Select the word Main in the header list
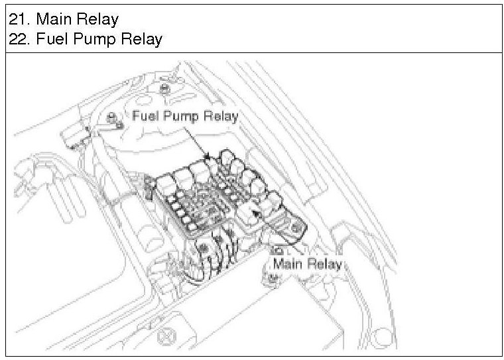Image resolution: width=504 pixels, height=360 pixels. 52,18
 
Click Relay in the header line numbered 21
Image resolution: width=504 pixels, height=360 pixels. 95,18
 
